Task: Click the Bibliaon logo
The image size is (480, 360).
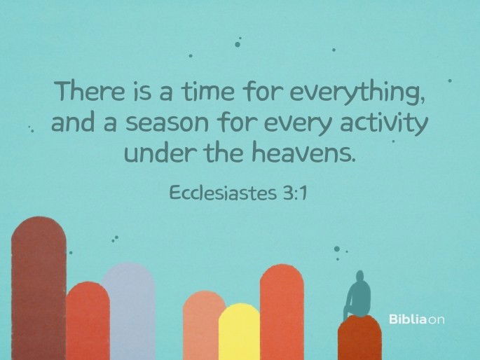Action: click(417, 320)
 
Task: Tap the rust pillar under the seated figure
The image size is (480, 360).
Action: click(359, 339)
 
